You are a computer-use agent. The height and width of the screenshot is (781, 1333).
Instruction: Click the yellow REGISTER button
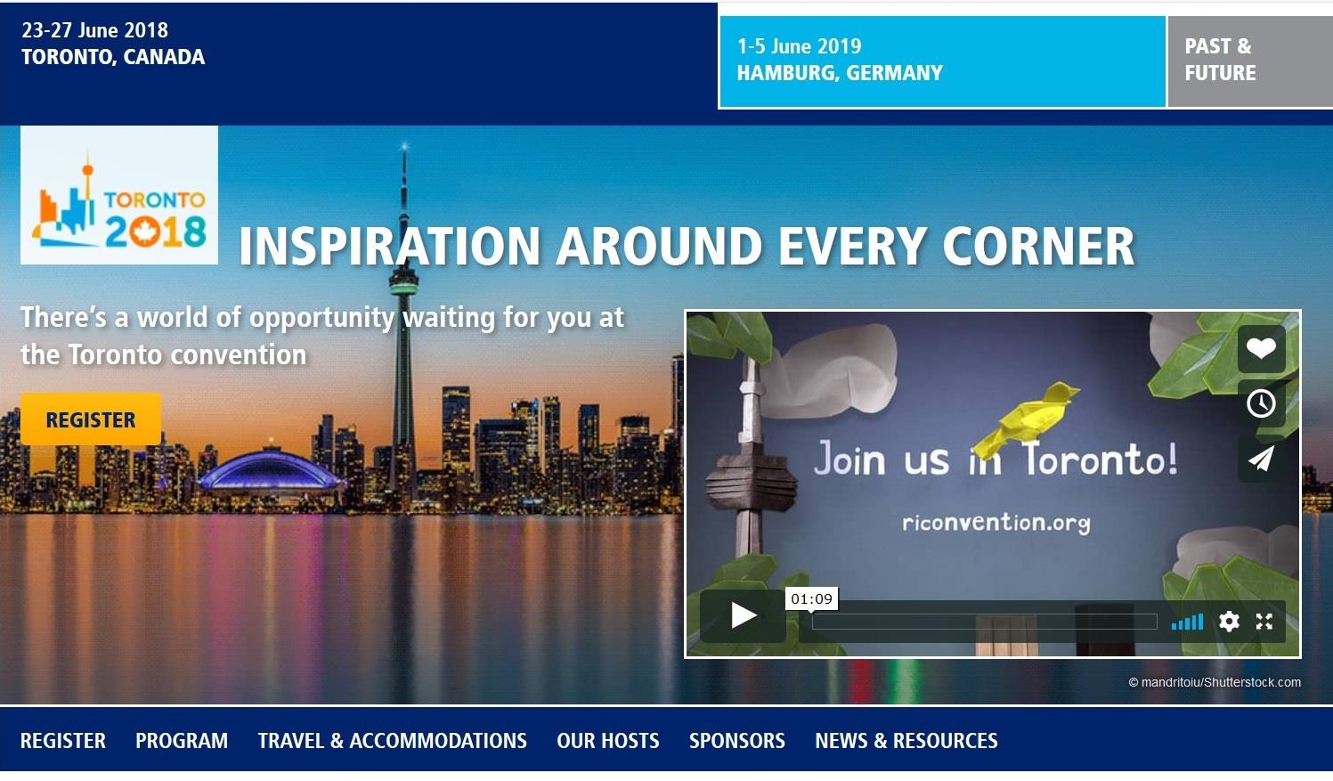click(x=91, y=419)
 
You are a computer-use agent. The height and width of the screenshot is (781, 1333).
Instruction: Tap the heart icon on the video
click(x=1261, y=348)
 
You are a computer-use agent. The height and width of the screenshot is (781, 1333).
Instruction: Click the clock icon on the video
click(x=1261, y=403)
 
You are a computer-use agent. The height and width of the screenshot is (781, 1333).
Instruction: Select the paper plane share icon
click(x=1261, y=459)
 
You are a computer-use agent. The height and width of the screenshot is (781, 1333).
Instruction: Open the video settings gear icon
click(x=1229, y=622)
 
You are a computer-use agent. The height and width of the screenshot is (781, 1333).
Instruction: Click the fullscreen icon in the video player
click(x=1264, y=622)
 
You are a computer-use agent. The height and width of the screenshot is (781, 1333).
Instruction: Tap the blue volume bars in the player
click(x=1187, y=622)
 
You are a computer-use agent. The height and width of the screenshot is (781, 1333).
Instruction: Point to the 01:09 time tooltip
click(x=812, y=598)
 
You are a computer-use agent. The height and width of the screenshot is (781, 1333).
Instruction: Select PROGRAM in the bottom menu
click(x=182, y=741)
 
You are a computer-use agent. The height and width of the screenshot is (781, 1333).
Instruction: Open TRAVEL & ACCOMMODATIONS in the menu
click(x=392, y=741)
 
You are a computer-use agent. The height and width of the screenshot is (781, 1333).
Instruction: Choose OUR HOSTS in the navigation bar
click(x=607, y=741)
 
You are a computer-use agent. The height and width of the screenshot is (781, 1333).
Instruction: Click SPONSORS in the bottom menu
click(x=736, y=741)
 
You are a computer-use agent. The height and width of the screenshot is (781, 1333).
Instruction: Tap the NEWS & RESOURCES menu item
click(x=906, y=741)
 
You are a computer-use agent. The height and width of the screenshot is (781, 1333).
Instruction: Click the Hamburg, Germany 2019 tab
click(x=942, y=61)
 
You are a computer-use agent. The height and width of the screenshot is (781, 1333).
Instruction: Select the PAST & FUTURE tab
click(x=1249, y=61)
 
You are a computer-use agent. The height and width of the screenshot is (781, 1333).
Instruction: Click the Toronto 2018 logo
click(x=119, y=195)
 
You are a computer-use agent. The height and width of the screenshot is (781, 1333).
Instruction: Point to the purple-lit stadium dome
click(x=271, y=469)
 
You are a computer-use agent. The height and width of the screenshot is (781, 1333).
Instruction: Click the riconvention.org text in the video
click(x=996, y=523)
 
